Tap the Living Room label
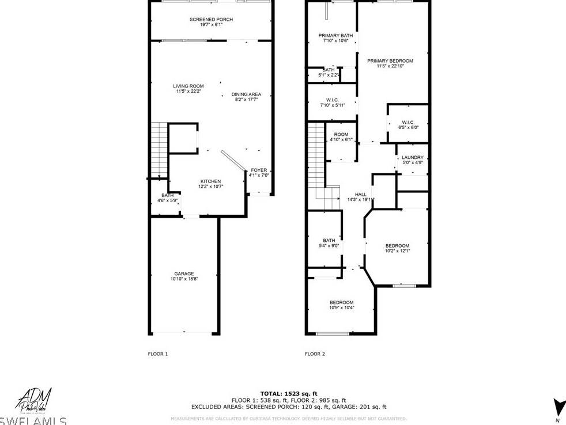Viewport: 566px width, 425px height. pos(188,86)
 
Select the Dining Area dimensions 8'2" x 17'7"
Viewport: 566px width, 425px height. pos(246,100)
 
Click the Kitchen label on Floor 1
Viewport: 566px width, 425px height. pos(210,181)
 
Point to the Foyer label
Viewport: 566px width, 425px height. pos(259,170)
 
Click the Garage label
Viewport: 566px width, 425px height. pos(184,274)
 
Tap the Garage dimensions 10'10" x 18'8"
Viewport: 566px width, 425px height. pos(184,279)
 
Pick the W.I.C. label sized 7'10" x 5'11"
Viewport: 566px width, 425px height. pos(332,100)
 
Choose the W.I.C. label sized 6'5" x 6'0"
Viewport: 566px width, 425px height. pos(408,122)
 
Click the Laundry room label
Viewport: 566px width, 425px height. pos(413,157)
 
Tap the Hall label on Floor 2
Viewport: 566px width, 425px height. pos(361,195)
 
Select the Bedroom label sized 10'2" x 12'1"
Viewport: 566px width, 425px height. pos(397,245)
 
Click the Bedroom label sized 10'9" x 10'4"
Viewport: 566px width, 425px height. pos(341,302)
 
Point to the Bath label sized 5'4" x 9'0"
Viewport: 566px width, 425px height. pos(329,240)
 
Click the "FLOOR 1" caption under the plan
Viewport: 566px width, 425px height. pos(157,354)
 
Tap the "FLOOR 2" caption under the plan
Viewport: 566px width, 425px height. pos(315,354)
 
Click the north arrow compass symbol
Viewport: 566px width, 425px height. pos(556,407)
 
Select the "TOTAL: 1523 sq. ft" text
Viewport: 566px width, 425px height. pos(289,393)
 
